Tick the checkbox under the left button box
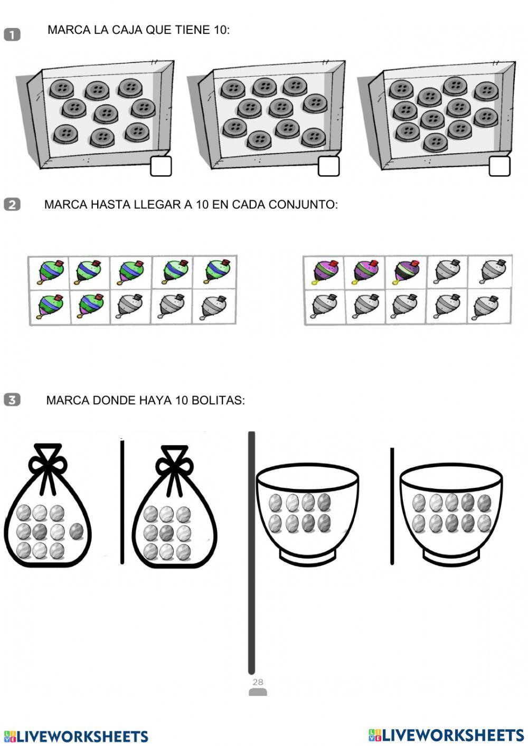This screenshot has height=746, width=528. (x=161, y=166)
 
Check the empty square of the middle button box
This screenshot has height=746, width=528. (x=328, y=166)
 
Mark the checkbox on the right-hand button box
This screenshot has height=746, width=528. (x=499, y=166)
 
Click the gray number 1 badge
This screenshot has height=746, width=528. (x=12, y=35)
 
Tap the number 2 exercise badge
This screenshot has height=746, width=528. (x=12, y=204)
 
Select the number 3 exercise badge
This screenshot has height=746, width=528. (x=12, y=400)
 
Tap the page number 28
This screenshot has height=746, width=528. (x=258, y=682)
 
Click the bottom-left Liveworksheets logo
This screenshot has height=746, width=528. (x=76, y=736)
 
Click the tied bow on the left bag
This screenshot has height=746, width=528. (x=48, y=462)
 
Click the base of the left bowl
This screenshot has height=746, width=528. (x=307, y=556)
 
